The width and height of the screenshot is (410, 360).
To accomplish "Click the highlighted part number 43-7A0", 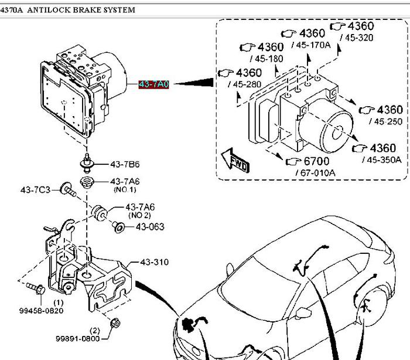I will coord(153,84).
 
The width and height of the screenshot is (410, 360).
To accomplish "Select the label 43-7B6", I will coord(124,164).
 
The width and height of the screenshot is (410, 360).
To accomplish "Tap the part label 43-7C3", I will coord(36,189).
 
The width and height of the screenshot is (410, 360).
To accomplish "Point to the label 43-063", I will coord(150,227).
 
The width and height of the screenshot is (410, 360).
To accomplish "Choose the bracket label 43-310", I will coord(154,262).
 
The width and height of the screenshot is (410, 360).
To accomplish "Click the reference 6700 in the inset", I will coord(316,161).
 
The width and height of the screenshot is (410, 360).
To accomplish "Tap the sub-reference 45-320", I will coord(359,37).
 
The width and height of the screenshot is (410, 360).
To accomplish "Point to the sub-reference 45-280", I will coord(246,84).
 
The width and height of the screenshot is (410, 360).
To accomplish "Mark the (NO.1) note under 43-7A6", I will coord(124,189).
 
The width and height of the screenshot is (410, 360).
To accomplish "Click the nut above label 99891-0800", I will coord(115,322).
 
